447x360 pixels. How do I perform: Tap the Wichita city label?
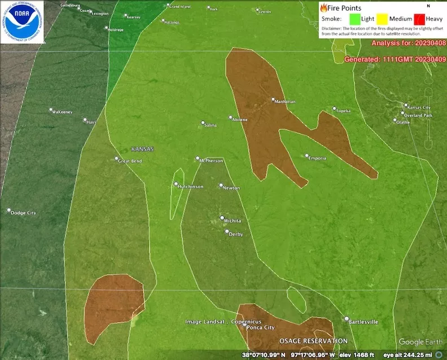coord(232,221)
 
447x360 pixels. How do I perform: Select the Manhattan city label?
coord(284,102)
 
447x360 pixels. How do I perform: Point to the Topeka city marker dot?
coord(334,108)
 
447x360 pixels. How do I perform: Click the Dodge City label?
coord(23,213)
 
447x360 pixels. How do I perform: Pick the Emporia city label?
coord(317,158)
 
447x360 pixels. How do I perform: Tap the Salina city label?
coord(211,125)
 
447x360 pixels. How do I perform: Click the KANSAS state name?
coord(142,149)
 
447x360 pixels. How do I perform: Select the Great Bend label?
coord(130,161)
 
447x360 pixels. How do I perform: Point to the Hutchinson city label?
coord(191,187)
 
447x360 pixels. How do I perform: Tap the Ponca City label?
coord(261,327)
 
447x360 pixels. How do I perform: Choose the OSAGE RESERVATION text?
coord(314,341)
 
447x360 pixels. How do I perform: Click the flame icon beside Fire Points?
coord(323,8)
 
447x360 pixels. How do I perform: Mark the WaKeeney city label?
coord(62,112)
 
